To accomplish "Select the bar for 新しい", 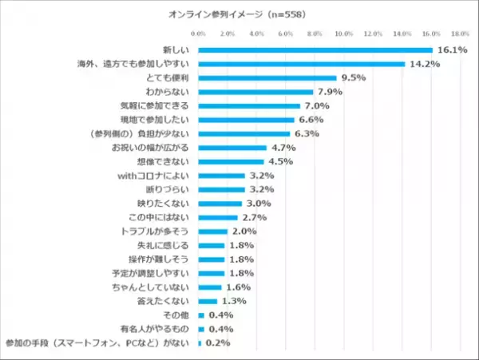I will (315, 50).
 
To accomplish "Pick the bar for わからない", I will (255, 92).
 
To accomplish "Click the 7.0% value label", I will (317, 105).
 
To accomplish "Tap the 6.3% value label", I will (307, 133).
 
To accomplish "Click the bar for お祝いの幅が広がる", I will (232, 148).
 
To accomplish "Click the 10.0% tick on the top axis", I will (344, 34).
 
